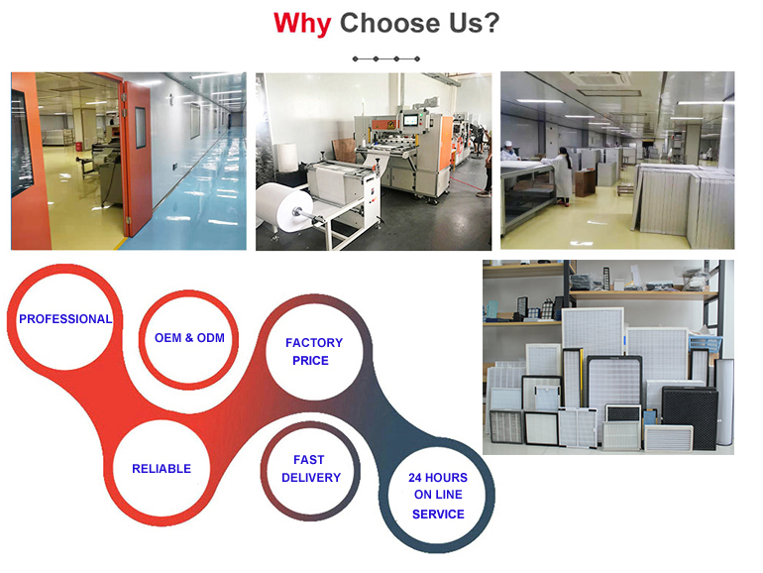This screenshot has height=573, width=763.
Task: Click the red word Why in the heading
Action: [302, 23]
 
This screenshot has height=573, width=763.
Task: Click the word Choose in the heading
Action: [390, 23]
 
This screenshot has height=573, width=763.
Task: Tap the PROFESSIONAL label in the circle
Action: [65, 319]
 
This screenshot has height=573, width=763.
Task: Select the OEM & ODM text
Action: [189, 337]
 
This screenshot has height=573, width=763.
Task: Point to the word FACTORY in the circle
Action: [314, 343]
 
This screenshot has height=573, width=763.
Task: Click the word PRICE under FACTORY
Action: [310, 360]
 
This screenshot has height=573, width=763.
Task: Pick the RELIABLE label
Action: [162, 468]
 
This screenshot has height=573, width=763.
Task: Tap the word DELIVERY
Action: [311, 478]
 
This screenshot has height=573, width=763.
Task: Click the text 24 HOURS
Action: [438, 478]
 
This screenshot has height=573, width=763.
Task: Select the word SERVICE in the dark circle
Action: [438, 515]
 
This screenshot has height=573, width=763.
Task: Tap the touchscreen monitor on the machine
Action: [411, 120]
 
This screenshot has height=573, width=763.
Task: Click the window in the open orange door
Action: [140, 128]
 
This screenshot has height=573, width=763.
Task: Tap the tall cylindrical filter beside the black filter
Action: [724, 401]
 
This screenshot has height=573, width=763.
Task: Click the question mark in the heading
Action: [490, 23]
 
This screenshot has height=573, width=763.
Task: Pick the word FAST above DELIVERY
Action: [308, 460]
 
